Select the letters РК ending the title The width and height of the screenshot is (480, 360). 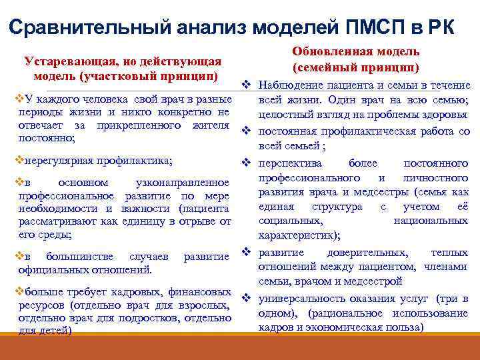point(440,27)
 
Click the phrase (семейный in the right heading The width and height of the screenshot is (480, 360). point(327,67)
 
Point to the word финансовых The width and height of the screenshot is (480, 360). point(201,293)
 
